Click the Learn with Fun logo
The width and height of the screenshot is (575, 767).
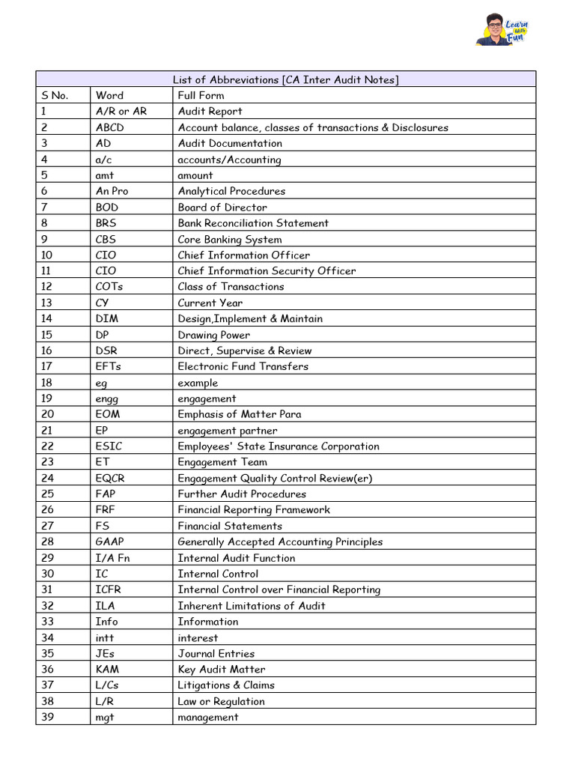coord(501,30)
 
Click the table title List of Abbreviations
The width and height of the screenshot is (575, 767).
coord(286,79)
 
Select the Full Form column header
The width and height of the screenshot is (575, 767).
coord(201,95)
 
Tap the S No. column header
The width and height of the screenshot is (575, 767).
coord(55,95)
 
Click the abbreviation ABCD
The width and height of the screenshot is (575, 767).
coord(110,127)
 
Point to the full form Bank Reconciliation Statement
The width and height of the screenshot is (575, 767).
coord(253,223)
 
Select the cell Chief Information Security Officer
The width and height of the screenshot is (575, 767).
coord(267,271)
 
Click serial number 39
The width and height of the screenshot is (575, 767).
coord(48,717)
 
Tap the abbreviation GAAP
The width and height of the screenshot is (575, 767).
coord(112,542)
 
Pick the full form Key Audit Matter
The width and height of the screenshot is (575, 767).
coord(221,670)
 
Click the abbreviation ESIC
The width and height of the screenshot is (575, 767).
coord(110,446)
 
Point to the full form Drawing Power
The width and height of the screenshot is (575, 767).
coord(213,335)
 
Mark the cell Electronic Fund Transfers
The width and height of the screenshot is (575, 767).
coord(243,366)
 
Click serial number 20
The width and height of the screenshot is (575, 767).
coord(48,414)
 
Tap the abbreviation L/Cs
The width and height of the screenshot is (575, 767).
coord(109,685)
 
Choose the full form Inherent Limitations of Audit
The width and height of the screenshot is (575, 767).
coord(251,605)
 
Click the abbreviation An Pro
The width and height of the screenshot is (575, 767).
coord(112,191)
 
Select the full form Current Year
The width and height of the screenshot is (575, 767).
coord(210,303)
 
